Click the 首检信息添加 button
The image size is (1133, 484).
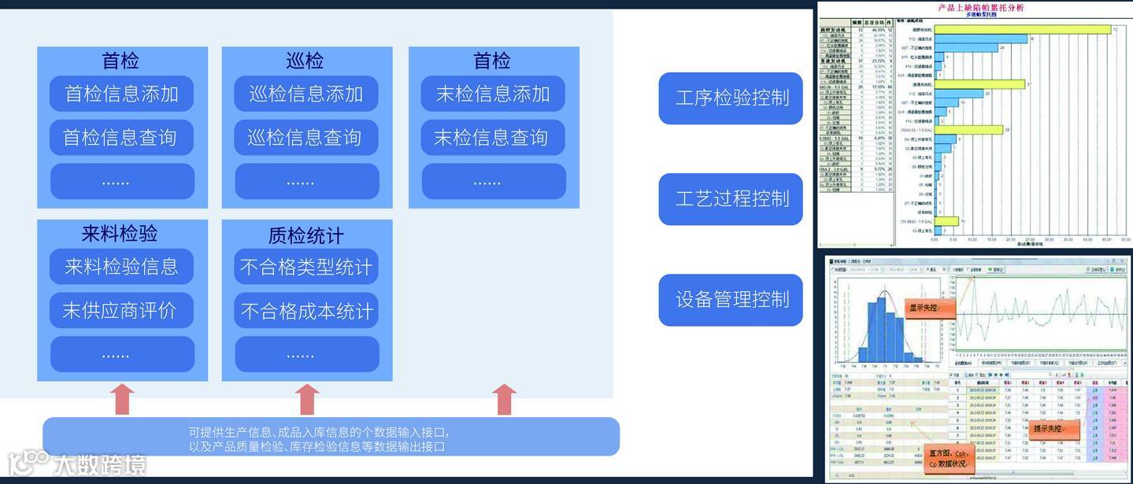point(121,94)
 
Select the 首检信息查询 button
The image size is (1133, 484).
point(121,138)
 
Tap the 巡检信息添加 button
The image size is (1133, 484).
point(306,94)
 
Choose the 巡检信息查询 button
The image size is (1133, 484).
point(306,138)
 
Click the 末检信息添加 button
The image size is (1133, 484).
point(493,94)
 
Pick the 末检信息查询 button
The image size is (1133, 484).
point(493,138)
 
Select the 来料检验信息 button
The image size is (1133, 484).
point(121,267)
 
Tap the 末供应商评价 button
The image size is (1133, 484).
point(121,311)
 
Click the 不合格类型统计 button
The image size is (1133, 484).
point(306,267)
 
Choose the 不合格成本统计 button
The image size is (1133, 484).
point(306,311)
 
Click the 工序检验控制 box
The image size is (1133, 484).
point(731,98)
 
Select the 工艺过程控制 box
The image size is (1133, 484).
point(731,198)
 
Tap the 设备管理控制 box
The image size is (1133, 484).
point(731,299)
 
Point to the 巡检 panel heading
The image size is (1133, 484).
point(305,61)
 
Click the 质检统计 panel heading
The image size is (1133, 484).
point(306,235)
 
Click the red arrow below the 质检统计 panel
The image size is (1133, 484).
point(306,399)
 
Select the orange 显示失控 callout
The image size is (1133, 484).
point(930,309)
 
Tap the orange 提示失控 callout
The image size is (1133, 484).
point(1056,429)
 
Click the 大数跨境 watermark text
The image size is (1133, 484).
point(99,464)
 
